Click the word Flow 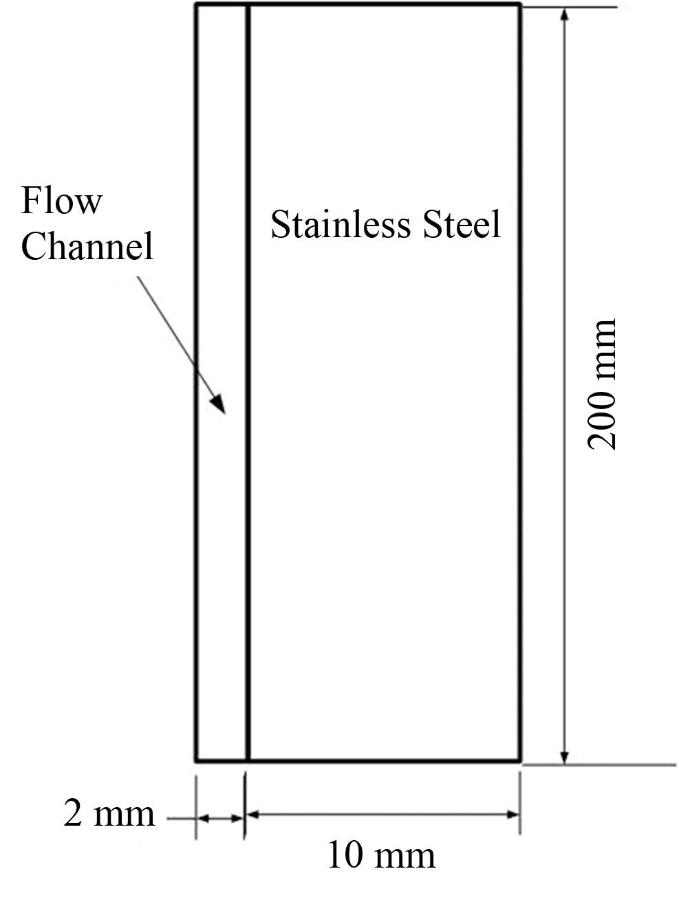click(x=61, y=201)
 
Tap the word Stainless click(x=337, y=225)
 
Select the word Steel click(x=462, y=225)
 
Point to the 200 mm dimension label click(x=602, y=384)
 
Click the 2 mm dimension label click(x=109, y=813)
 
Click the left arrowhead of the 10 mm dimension click(x=253, y=815)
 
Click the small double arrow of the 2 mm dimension click(x=220, y=818)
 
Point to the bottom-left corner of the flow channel click(x=197, y=760)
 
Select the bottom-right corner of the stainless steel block click(x=519, y=760)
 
